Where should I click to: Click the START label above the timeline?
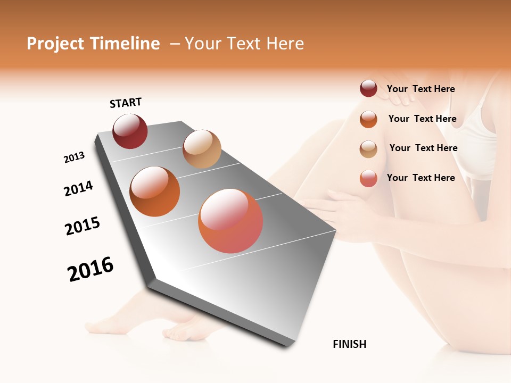[126, 103]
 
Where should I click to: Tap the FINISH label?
[350, 344]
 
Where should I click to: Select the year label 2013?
[74, 157]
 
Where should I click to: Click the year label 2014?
[78, 188]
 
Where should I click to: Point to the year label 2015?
[83, 226]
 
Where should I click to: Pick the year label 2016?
[90, 269]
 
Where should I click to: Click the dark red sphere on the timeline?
[130, 131]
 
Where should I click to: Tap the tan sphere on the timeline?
[202, 149]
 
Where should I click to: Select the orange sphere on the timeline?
[155, 191]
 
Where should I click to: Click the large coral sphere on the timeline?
[230, 221]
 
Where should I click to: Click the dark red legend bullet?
[368, 89]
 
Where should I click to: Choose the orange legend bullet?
[368, 119]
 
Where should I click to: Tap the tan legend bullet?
[368, 149]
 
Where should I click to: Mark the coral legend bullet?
[368, 178]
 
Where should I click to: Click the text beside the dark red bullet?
[421, 89]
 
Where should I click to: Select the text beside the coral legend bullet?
[421, 178]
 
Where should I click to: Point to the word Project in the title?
[55, 44]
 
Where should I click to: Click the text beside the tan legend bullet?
[423, 148]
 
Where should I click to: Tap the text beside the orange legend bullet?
[422, 119]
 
